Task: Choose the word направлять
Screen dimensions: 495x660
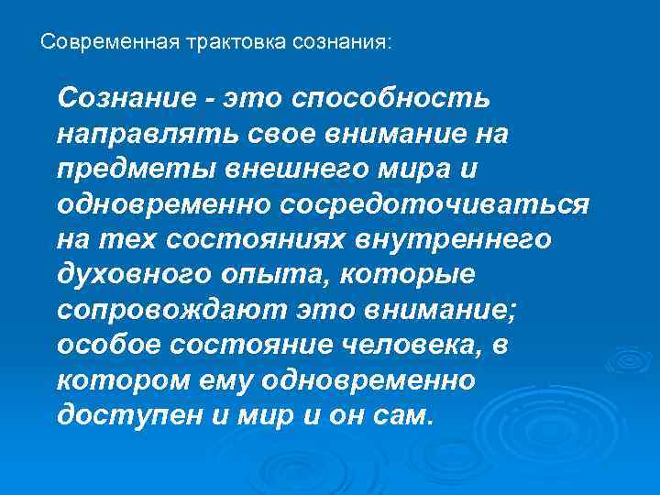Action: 146,135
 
